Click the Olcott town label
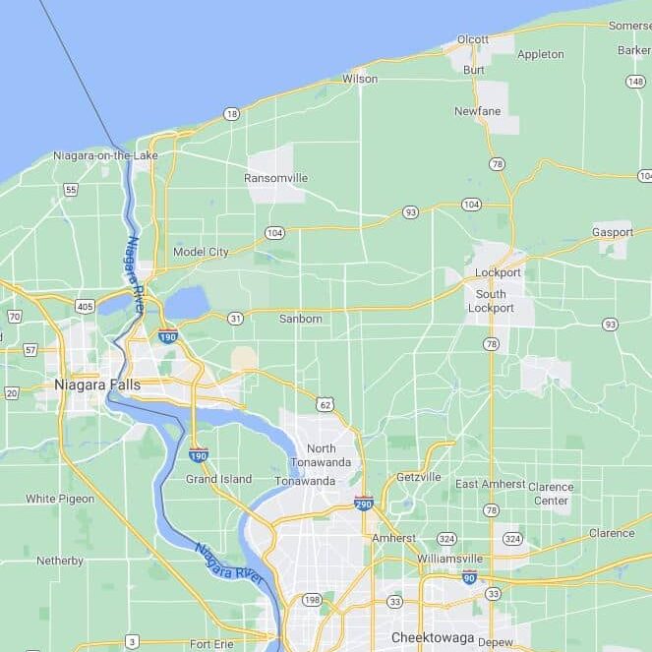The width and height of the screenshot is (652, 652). pos(473,39)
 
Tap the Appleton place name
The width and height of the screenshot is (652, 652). pos(540,54)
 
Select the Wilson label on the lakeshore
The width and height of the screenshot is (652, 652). pos(360,78)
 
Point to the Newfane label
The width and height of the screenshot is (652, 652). pos(478,111)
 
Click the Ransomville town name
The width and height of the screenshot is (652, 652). pos(275,178)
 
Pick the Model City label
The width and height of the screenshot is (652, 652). pos(201,252)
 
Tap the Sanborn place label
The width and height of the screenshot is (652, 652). pos(300,319)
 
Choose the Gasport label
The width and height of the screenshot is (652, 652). pos(613,232)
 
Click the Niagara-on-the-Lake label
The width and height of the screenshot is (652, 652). pos(105,155)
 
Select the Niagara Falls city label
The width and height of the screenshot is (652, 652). pos(97,385)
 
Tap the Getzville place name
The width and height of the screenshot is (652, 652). pos(419,477)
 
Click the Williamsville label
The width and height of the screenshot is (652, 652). pos(449,558)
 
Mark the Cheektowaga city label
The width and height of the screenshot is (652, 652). pos(433,637)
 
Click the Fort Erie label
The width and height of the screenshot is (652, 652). pos(211,644)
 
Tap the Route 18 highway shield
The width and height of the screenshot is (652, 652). pos(231,114)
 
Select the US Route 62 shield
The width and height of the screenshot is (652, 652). pos(325,404)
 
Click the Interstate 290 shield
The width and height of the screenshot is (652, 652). pos(364,504)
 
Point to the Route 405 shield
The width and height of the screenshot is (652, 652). pos(85,307)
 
